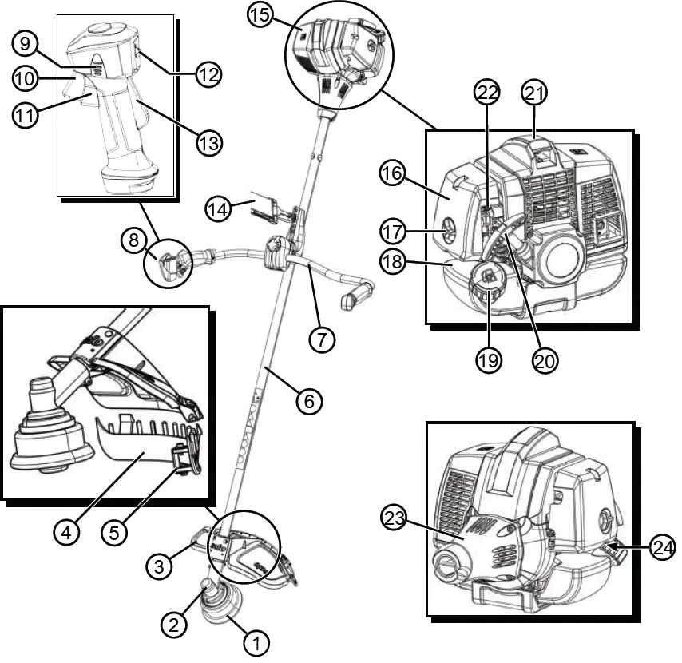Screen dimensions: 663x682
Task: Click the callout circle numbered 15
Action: tap(260, 16)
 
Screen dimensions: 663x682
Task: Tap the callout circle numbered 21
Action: tap(536, 93)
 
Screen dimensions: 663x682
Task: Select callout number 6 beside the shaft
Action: tap(309, 399)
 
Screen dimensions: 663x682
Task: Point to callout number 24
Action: tap(662, 547)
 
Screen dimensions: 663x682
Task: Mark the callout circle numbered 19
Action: tap(489, 359)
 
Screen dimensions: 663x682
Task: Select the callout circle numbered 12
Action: tap(209, 74)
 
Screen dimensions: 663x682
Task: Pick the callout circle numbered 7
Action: tap(321, 339)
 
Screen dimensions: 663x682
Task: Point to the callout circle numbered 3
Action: tap(160, 567)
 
